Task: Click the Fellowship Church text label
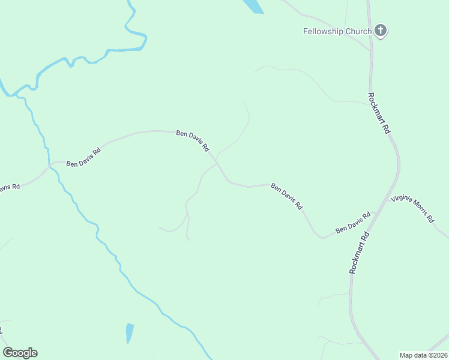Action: click(337, 31)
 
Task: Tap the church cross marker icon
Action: click(381, 30)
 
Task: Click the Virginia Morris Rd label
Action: click(412, 209)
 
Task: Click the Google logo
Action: click(20, 353)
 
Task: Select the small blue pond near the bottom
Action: click(130, 333)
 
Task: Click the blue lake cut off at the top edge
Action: click(253, 5)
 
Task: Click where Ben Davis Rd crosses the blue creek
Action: click(50, 164)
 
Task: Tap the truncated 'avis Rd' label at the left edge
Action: click(8, 187)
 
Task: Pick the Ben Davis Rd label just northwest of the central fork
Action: click(192, 141)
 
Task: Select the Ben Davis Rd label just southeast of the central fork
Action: click(286, 196)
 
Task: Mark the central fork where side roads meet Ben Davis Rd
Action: click(217, 163)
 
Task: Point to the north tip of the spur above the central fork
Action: click(244, 102)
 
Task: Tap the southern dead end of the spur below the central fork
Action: click(190, 239)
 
